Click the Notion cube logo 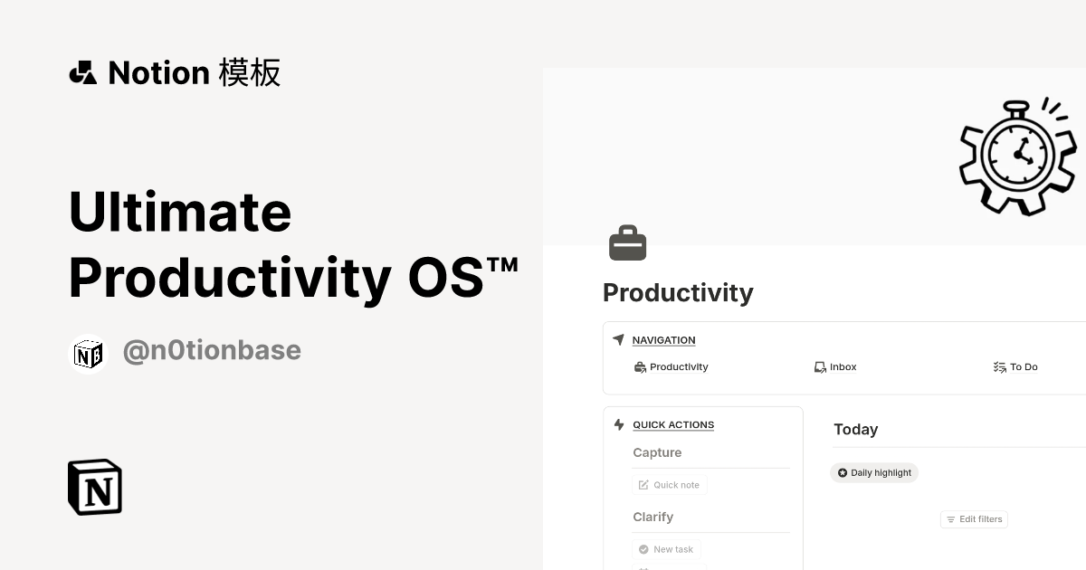pyautogui.click(x=95, y=487)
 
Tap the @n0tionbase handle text pyautogui.click(x=212, y=350)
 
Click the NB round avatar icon pyautogui.click(x=88, y=354)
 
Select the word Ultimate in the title pyautogui.click(x=180, y=212)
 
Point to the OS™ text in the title pyautogui.click(x=462, y=278)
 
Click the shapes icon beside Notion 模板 pyautogui.click(x=83, y=72)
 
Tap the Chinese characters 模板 pyautogui.click(x=250, y=72)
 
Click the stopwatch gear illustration pyautogui.click(x=1018, y=156)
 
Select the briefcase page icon pyautogui.click(x=627, y=243)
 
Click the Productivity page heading pyautogui.click(x=678, y=293)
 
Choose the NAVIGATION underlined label pyautogui.click(x=663, y=340)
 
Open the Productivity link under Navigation pyautogui.click(x=678, y=367)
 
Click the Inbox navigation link pyautogui.click(x=842, y=367)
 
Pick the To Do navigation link pyautogui.click(x=1023, y=367)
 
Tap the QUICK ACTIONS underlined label pyautogui.click(x=673, y=425)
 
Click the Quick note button pyautogui.click(x=670, y=485)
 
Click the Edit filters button pyautogui.click(x=974, y=519)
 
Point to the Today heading pyautogui.click(x=855, y=430)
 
